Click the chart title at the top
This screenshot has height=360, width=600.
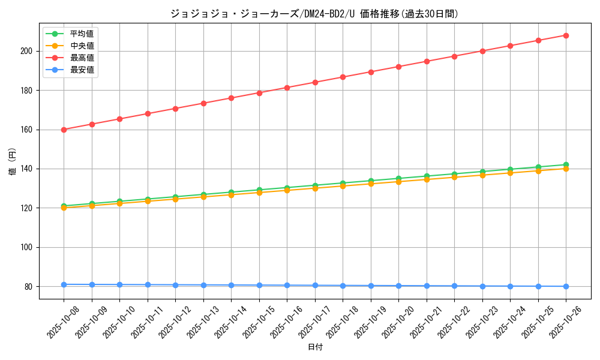(x=314, y=14)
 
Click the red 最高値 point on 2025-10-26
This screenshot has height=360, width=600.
(x=566, y=35)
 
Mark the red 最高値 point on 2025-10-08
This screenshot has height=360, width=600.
(x=64, y=130)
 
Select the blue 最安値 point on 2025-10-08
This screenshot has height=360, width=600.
(x=64, y=284)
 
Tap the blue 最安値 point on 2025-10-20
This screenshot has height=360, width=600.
(x=398, y=286)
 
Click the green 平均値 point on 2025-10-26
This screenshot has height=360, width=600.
(x=566, y=164)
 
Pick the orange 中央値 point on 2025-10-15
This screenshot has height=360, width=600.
(x=259, y=193)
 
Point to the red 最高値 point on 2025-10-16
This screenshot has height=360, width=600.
(x=287, y=88)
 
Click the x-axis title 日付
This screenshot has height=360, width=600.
(x=315, y=347)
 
